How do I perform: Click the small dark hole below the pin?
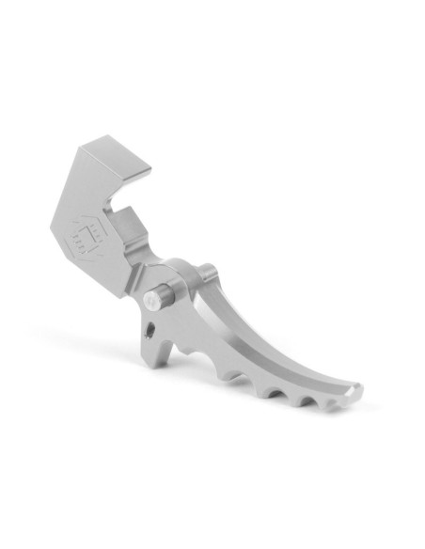pyautogui.click(x=150, y=329)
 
